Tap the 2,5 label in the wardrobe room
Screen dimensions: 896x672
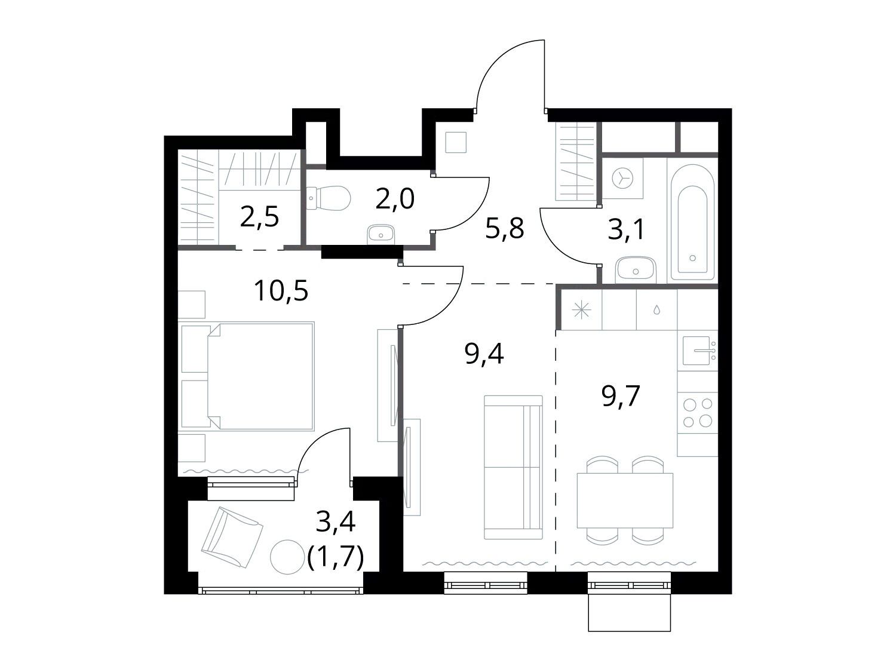pos(260,216)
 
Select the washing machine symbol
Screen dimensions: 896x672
pos(622,178)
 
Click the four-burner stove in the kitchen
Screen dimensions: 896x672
pos(698,413)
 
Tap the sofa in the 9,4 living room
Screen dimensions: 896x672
pos(514,467)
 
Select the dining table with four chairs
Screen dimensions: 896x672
pos(625,500)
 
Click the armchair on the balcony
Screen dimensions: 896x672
pos(232,537)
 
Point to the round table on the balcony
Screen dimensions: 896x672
pos(288,557)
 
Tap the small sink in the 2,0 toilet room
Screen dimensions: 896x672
pos(381,235)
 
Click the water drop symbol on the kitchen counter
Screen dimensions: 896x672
pos(656,311)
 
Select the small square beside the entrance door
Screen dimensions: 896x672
pos(456,142)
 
